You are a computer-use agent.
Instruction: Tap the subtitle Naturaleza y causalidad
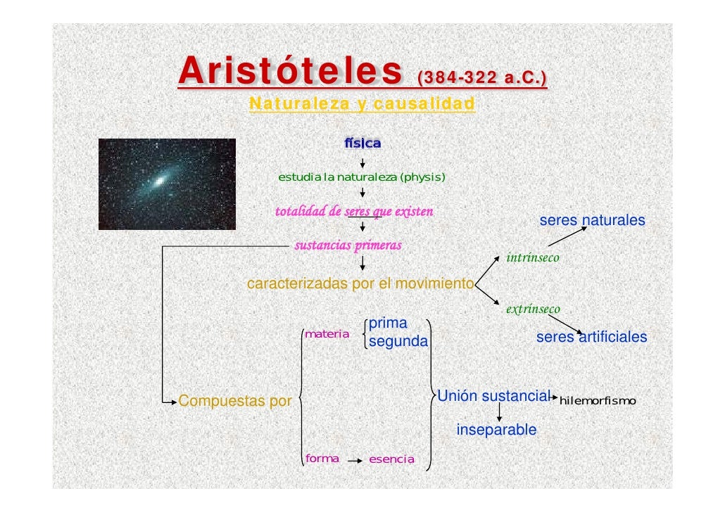[362, 104]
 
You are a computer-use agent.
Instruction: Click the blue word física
[362, 143]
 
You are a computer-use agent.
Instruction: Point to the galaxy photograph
[167, 184]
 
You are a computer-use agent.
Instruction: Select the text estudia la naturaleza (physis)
[362, 177]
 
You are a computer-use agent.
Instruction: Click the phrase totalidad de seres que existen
[354, 211]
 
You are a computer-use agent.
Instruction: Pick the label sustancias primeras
[347, 245]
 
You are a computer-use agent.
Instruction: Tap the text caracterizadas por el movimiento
[360, 284]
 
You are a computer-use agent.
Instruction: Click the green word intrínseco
[533, 258]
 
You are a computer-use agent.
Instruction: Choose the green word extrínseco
[533, 309]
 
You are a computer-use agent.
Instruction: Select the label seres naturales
[592, 221]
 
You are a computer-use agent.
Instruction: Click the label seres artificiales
[591, 338]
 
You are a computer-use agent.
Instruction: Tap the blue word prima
[388, 324]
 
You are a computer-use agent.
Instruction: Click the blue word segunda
[398, 342]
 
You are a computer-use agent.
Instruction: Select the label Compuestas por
[235, 402]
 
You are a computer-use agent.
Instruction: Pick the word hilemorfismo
[597, 401]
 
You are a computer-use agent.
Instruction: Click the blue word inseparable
[496, 430]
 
